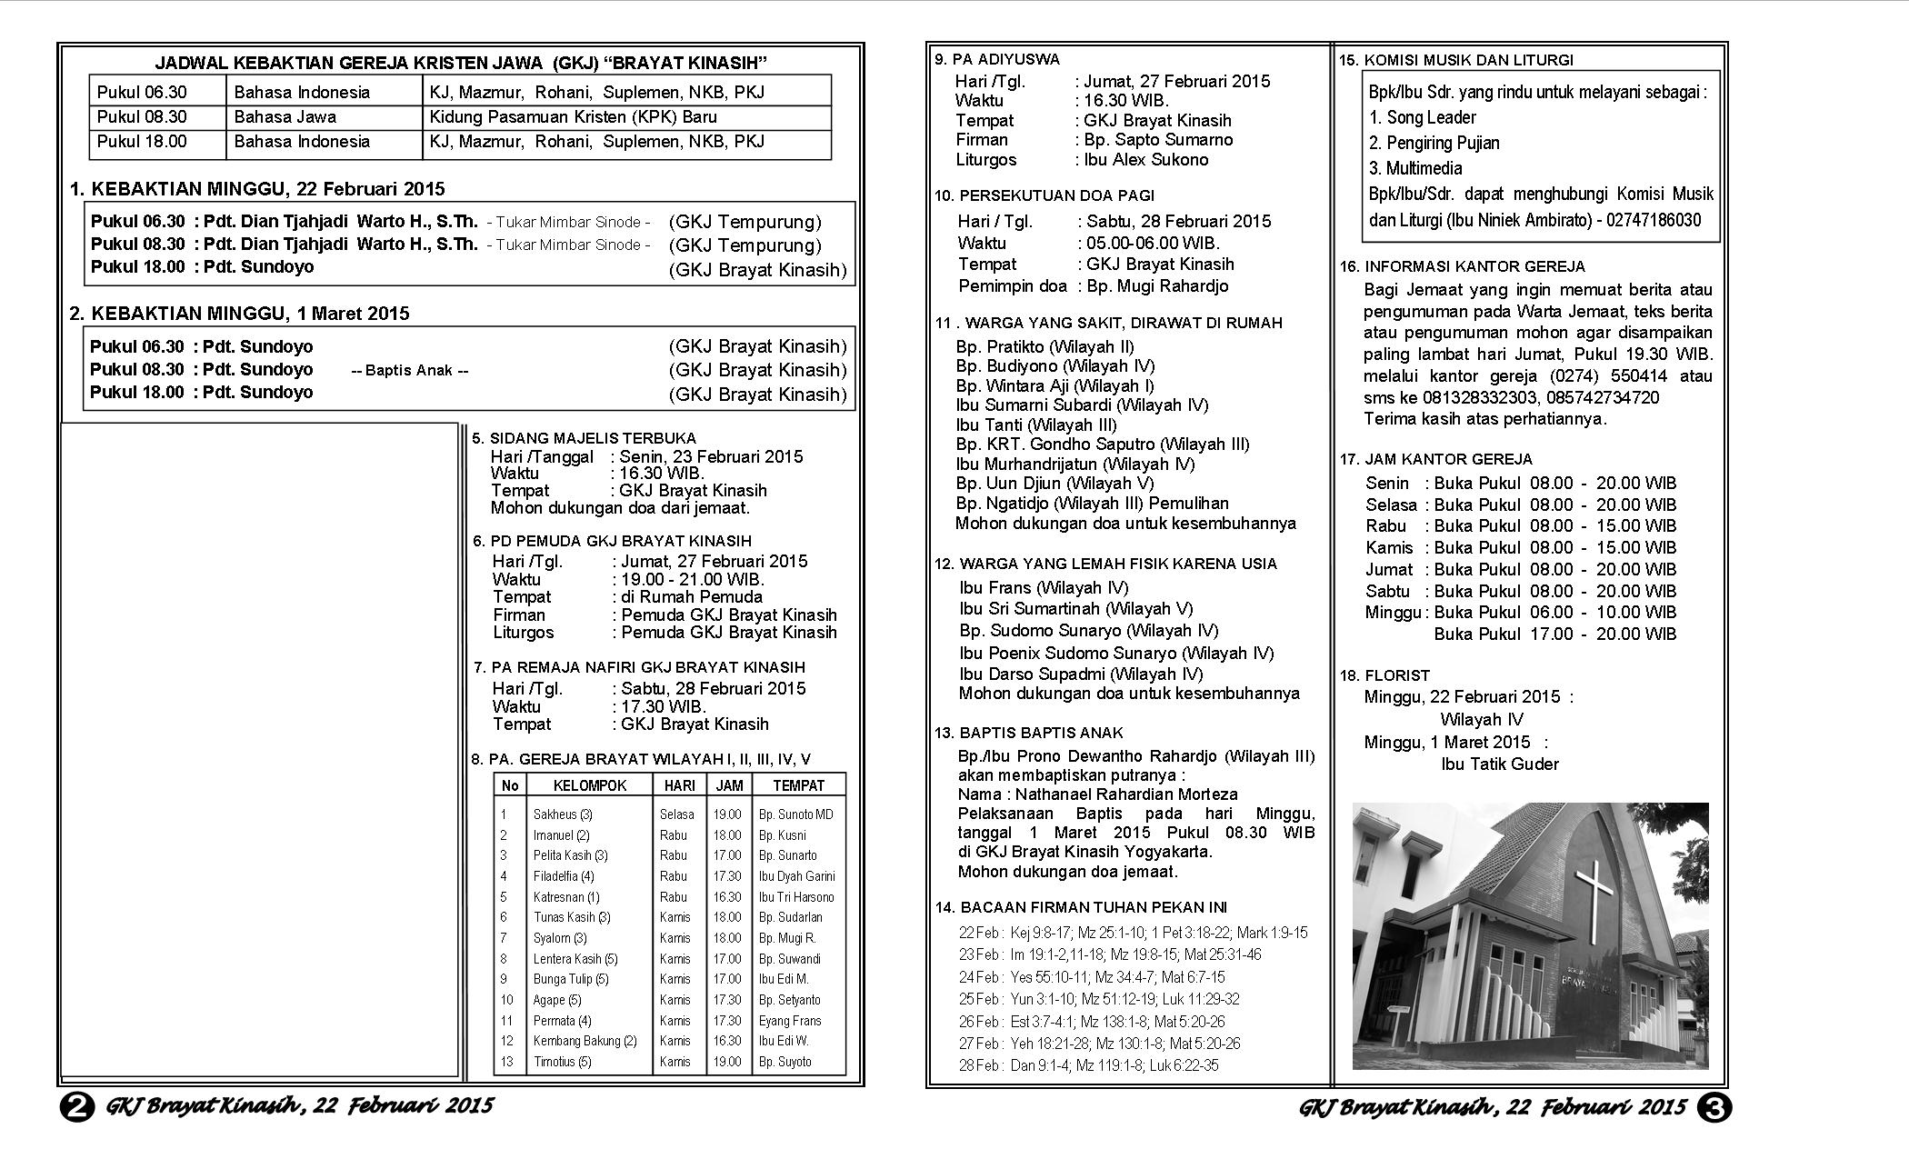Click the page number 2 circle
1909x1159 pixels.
pos(76,1107)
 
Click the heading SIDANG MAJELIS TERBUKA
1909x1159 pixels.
pos(593,438)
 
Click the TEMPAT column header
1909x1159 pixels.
pos(798,785)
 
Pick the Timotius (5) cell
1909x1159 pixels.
pos(562,1062)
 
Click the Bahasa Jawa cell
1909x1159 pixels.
pos(285,117)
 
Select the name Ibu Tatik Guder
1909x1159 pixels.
pos(1500,764)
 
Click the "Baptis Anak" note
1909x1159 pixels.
pos(409,371)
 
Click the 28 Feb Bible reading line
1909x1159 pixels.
pos(1089,1065)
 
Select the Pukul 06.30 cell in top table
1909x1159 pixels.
pos(142,92)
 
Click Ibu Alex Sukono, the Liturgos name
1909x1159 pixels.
pos(1146,160)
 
